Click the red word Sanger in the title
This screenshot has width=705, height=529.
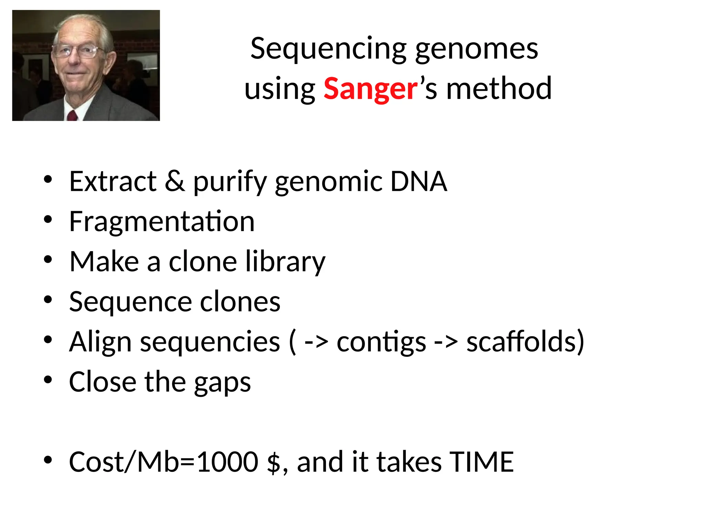tap(370, 89)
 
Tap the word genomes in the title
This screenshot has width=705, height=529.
tap(476, 49)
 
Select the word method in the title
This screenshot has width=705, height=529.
tap(499, 89)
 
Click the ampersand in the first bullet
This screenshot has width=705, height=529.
tap(175, 181)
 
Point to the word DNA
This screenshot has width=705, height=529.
tap(418, 181)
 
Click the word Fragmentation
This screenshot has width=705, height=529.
tap(162, 221)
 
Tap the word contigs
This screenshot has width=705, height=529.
tap(381, 342)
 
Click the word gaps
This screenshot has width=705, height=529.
tap(222, 382)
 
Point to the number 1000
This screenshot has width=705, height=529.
tap(228, 462)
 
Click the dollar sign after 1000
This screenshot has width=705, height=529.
tap(274, 463)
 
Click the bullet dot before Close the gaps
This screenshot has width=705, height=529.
tap(48, 380)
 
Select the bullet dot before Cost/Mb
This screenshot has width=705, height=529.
tap(48, 460)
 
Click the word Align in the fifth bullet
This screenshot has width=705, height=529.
tap(100, 342)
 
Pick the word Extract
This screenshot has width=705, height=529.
tap(113, 181)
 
